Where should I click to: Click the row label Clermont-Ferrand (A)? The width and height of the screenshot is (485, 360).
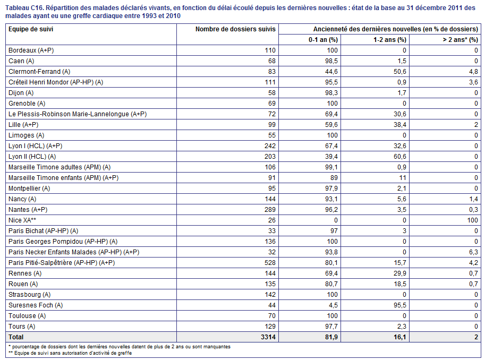pyautogui.click(x=39, y=72)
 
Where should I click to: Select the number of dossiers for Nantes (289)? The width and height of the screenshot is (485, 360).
pyautogui.click(x=270, y=210)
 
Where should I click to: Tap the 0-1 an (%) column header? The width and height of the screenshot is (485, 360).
pyautogui.click(x=323, y=40)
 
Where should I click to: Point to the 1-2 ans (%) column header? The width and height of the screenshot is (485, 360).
pyautogui.click(x=390, y=40)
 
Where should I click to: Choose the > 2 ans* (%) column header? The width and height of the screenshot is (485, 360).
pyautogui.click(x=460, y=40)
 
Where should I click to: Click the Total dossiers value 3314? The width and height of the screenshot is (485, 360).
pyautogui.click(x=268, y=337)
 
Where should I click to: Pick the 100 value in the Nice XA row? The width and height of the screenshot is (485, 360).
pyautogui.click(x=473, y=220)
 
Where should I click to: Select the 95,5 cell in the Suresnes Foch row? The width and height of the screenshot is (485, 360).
pyautogui.click(x=400, y=305)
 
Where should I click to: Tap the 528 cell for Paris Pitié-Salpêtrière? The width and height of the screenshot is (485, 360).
pyautogui.click(x=270, y=263)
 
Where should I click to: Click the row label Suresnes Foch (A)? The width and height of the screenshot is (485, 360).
pyautogui.click(x=36, y=305)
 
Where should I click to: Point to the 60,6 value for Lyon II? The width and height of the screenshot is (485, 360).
pyautogui.click(x=400, y=157)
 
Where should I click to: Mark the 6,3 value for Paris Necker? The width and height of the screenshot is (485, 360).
pyautogui.click(x=473, y=252)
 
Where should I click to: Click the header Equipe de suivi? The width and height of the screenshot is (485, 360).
pyautogui.click(x=31, y=29)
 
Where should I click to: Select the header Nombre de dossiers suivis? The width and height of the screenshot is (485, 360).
pyautogui.click(x=235, y=29)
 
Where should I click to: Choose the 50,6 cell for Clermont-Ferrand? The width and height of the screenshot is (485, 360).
pyautogui.click(x=400, y=72)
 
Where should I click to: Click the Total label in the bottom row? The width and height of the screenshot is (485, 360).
pyautogui.click(x=16, y=337)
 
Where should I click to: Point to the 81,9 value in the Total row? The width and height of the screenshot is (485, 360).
pyautogui.click(x=331, y=337)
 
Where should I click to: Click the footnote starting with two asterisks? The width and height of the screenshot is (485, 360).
pyautogui.click(x=70, y=353)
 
